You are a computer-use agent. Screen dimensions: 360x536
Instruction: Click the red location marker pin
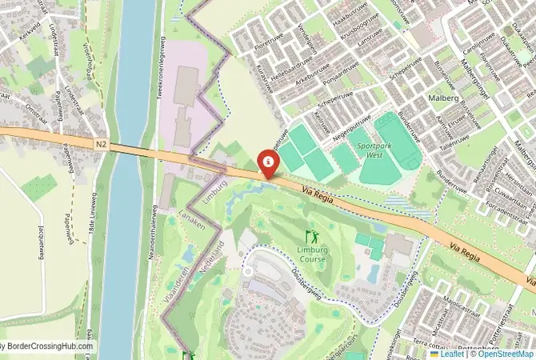pos(269,164)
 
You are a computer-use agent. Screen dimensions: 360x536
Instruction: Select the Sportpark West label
pos(376,151)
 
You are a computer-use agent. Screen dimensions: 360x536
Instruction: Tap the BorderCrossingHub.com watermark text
pos(48,346)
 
